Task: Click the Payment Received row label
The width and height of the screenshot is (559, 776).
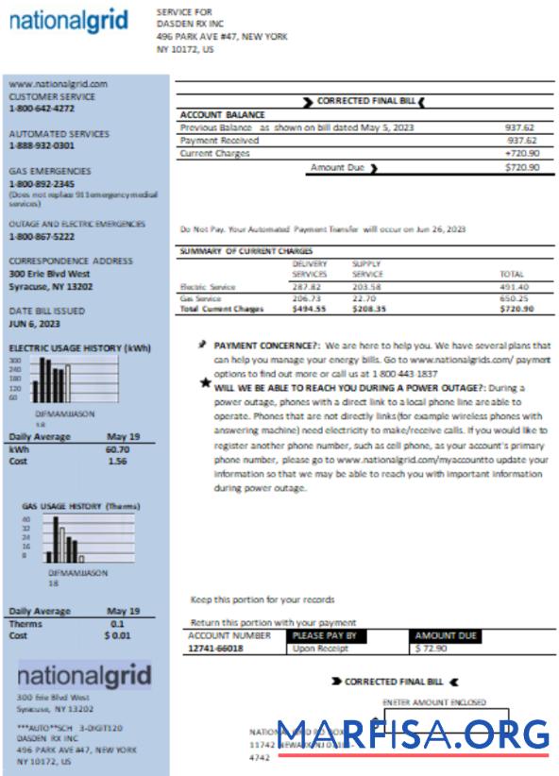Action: [x=219, y=141]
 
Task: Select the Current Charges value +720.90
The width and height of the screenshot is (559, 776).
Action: [x=521, y=152]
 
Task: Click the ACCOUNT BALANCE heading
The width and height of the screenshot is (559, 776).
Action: [x=222, y=115]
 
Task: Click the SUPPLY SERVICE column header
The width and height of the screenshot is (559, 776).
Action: [x=367, y=268]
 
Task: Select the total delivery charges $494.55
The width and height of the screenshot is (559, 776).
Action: [x=307, y=309]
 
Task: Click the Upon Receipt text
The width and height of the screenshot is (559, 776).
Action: [x=316, y=649]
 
